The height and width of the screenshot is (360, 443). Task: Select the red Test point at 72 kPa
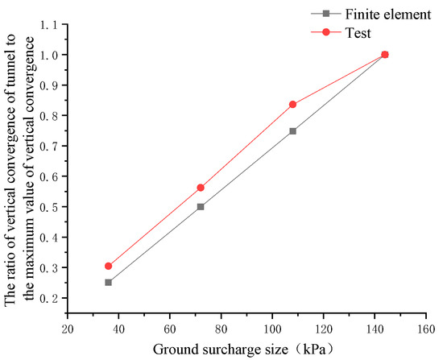[x=201, y=188]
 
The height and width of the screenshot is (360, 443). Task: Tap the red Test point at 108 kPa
[x=292, y=105]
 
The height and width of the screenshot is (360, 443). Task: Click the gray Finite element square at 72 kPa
[x=201, y=206]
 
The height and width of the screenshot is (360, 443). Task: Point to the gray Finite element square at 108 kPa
[x=292, y=130]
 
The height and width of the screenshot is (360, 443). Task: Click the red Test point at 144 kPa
[x=384, y=55]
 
